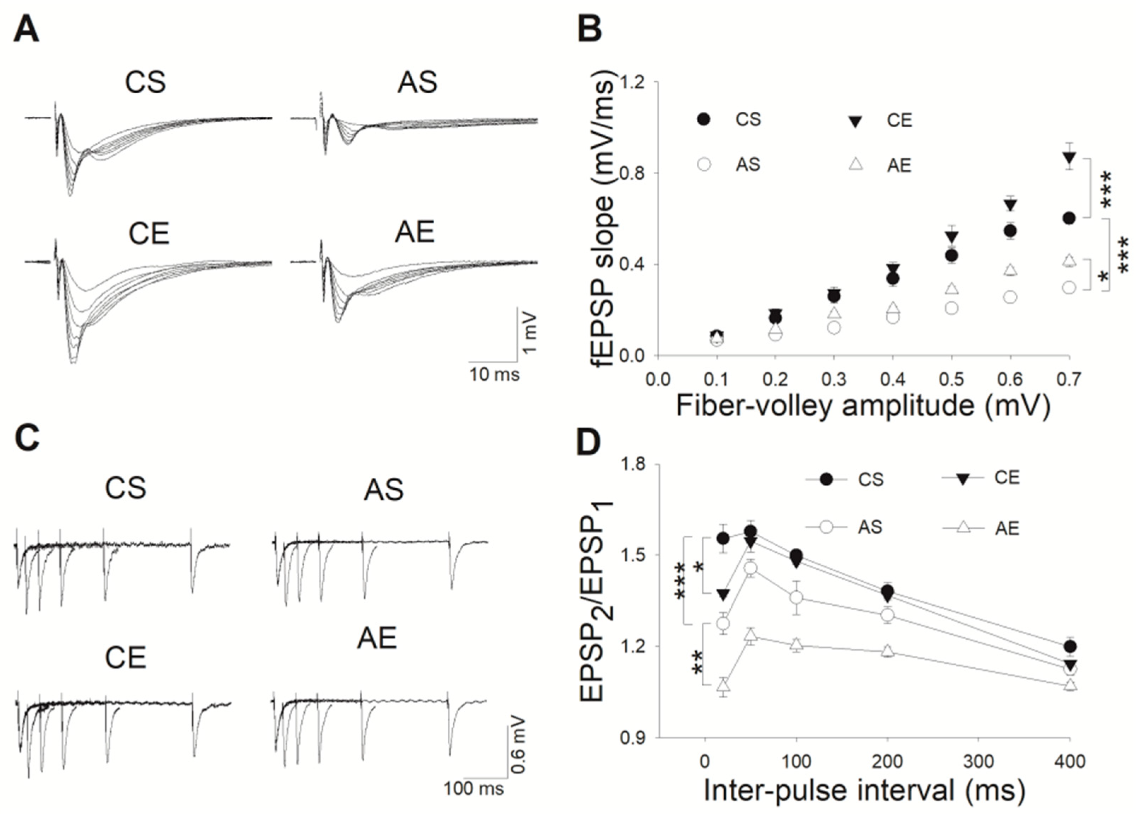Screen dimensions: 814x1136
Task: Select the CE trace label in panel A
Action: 149,233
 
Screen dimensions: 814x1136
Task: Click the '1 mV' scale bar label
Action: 529,333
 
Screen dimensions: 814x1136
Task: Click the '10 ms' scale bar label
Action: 494,374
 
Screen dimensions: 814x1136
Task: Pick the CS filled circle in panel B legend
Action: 704,120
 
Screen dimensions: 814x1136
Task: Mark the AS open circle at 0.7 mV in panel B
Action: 1069,288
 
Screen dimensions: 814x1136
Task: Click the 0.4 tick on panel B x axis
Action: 893,380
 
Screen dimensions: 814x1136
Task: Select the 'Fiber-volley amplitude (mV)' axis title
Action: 863,406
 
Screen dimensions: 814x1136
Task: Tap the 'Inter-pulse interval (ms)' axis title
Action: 864,790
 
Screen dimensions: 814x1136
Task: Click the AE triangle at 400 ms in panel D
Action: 1070,685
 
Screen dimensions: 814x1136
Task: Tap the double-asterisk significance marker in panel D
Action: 696,663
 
